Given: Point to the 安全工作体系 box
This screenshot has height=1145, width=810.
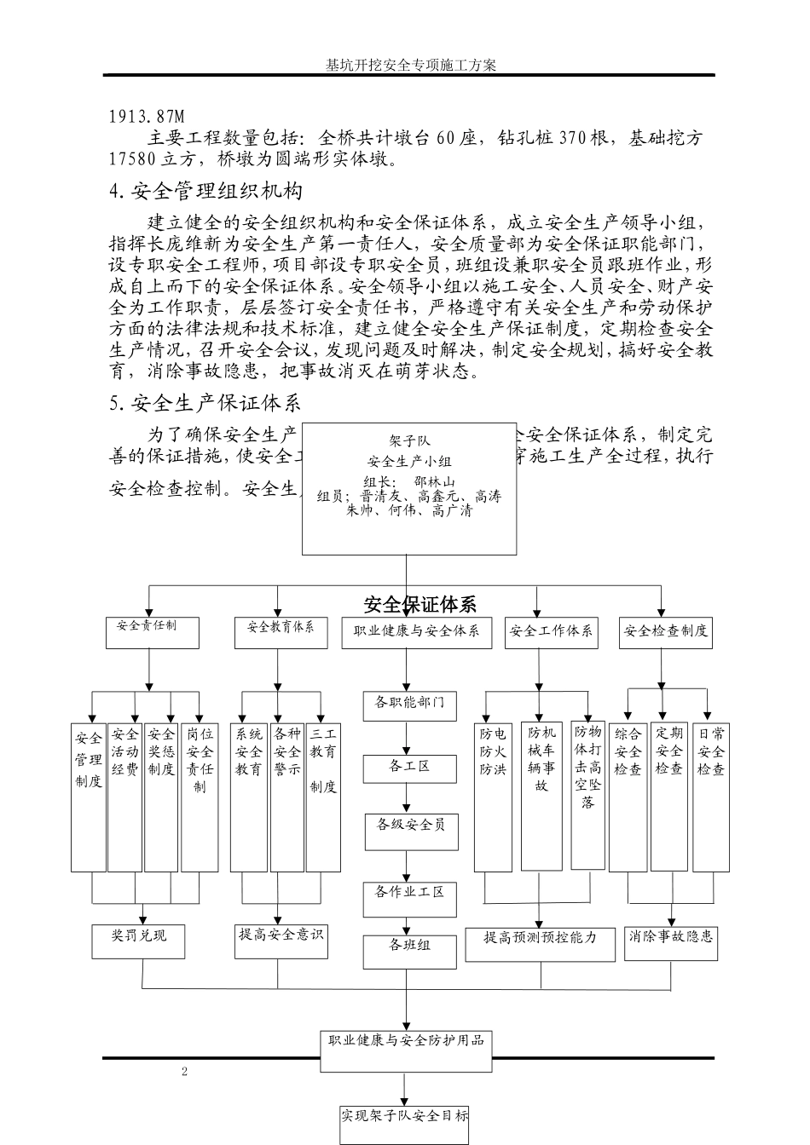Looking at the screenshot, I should (551, 632).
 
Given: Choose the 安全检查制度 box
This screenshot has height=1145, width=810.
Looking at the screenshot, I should (665, 632).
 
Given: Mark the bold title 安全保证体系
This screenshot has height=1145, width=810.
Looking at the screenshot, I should (419, 605).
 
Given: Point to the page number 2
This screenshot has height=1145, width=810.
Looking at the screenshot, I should (184, 1071).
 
